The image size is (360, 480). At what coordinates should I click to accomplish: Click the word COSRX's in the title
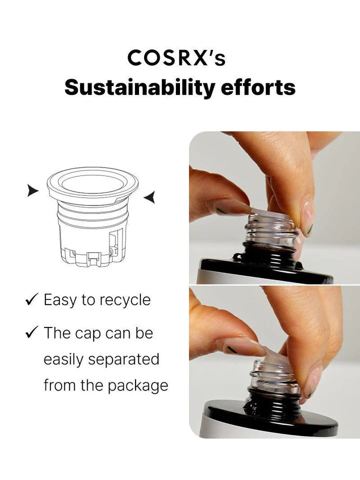[176, 58]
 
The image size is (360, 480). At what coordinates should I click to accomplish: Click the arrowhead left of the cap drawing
[33, 190]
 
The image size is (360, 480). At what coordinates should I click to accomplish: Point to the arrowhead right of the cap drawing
[149, 197]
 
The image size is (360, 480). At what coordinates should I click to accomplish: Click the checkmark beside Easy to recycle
[32, 299]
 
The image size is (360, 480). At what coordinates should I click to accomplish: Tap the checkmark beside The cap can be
[32, 332]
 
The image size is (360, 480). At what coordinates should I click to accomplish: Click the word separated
[123, 359]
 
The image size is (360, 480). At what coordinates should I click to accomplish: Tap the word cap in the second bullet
[88, 334]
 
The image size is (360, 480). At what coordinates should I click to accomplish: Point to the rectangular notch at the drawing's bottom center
[93, 259]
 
